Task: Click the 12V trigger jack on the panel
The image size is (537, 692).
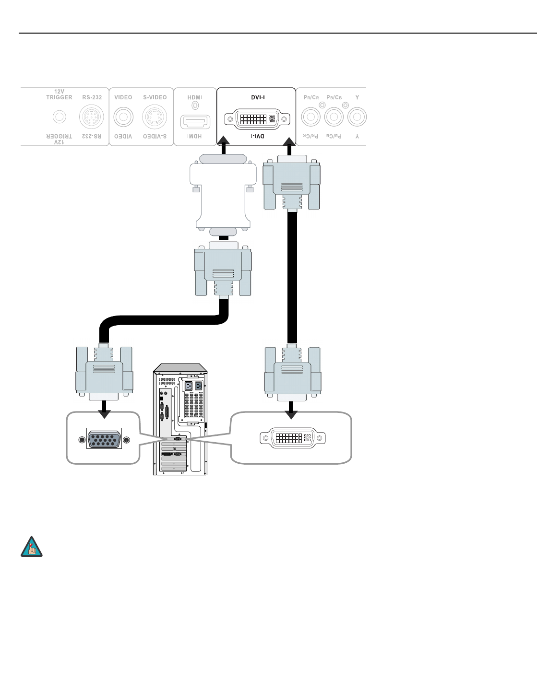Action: click(59, 117)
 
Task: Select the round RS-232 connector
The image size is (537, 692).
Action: click(91, 117)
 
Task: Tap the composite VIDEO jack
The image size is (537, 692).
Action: click(123, 117)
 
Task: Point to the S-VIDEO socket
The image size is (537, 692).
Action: click(155, 117)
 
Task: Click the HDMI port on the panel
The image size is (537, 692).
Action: click(195, 122)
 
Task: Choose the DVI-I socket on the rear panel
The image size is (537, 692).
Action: click(257, 118)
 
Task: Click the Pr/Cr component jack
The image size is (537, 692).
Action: click(310, 117)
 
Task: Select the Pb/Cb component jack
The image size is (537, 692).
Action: click(334, 117)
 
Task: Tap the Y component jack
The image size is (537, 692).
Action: click(357, 117)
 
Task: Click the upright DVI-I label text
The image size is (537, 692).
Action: click(258, 97)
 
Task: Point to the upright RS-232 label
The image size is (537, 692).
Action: click(92, 97)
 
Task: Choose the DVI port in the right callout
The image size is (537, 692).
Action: click(292, 438)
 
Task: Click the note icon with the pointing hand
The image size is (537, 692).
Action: click(32, 547)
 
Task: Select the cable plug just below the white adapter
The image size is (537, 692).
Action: click(223, 271)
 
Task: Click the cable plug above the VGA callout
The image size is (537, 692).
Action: click(104, 372)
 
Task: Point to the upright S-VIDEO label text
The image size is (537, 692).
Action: click(155, 97)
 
